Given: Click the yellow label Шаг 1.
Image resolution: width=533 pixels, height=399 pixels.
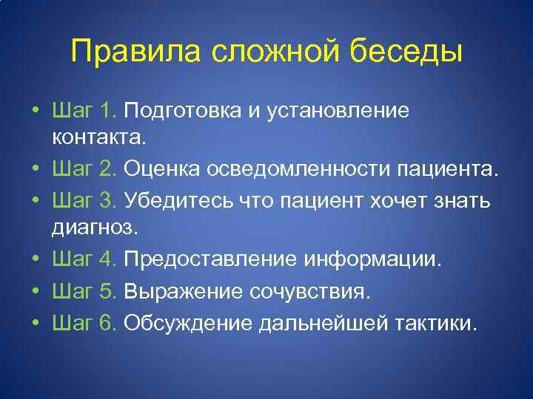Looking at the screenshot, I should pos(85,111).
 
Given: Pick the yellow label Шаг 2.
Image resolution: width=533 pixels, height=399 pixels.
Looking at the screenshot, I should pos(85,170).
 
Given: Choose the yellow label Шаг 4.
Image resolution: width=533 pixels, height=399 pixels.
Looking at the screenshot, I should pos(85,259).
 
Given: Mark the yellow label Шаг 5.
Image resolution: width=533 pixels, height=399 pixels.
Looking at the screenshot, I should pos(85,291).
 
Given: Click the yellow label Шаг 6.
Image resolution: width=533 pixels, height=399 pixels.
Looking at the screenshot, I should pos(85,323).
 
